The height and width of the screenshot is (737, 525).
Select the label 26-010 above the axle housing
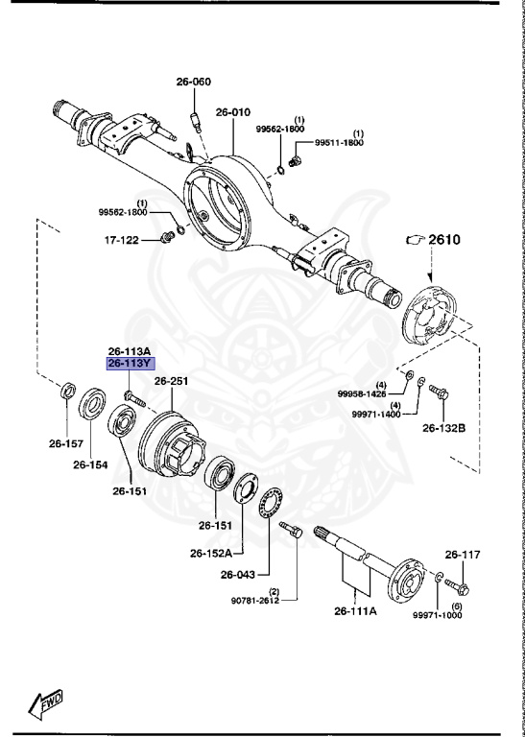click(233, 111)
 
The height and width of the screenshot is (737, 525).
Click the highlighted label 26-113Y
click(129, 364)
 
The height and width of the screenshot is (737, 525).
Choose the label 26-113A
click(129, 351)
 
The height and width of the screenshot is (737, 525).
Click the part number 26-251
click(173, 381)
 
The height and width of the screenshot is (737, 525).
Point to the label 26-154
click(92, 465)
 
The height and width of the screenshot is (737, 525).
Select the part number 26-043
click(239, 576)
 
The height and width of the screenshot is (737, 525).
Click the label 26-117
click(462, 555)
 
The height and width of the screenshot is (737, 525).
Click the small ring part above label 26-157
click(67, 392)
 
